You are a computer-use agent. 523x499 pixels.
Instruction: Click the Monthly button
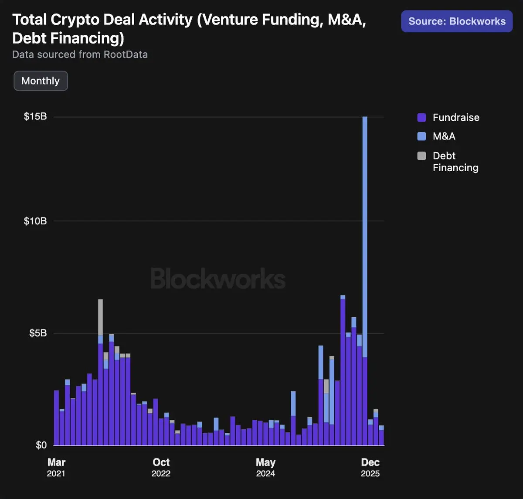[x=41, y=81]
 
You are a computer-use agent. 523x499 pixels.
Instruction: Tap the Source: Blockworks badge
[x=457, y=21]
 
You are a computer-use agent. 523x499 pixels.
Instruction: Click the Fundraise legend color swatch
[x=421, y=117]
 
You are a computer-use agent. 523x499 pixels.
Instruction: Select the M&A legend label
[x=444, y=136]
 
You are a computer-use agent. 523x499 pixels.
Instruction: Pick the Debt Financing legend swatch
[x=421, y=156]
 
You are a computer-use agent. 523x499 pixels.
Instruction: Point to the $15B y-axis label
[x=35, y=117]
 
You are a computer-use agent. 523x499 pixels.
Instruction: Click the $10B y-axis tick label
[x=35, y=221]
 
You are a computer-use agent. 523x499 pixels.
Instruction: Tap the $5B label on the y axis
[x=38, y=333]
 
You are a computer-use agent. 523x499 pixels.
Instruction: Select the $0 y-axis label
[x=41, y=445]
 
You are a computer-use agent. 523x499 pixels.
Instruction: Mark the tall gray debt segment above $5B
[x=100, y=317]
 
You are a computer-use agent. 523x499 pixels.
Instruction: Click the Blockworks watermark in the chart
[x=218, y=279]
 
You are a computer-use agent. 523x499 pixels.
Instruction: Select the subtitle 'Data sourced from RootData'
[x=80, y=54]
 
